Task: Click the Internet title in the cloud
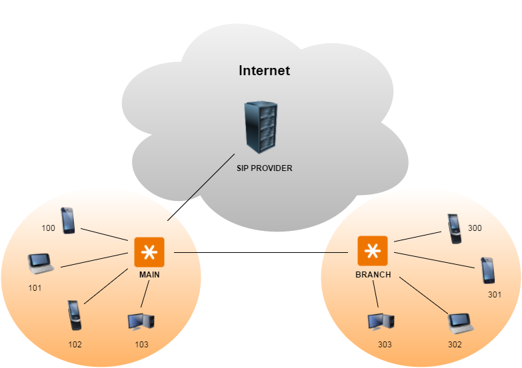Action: click(x=265, y=71)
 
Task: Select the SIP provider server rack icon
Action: click(x=260, y=128)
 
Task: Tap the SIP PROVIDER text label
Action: click(x=265, y=168)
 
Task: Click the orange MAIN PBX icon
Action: click(x=149, y=252)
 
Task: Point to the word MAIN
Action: click(x=149, y=274)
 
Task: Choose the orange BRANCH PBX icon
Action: click(x=372, y=252)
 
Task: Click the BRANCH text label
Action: click(x=373, y=274)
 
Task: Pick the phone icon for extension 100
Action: click(x=68, y=220)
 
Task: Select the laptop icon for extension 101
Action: click(x=41, y=264)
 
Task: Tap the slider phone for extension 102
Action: click(x=75, y=315)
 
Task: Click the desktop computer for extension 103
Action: click(x=141, y=321)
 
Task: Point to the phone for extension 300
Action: click(x=454, y=229)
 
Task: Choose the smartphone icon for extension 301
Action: click(x=489, y=271)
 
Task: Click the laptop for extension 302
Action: click(x=461, y=322)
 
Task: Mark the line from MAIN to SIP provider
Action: click(x=201, y=188)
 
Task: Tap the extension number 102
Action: click(x=75, y=345)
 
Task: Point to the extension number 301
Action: click(x=494, y=293)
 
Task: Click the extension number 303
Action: click(x=385, y=345)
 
